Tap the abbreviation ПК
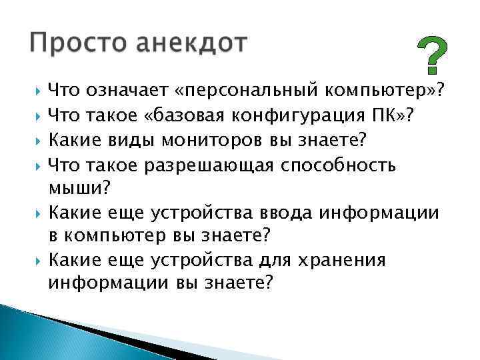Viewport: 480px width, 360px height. point(385,115)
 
